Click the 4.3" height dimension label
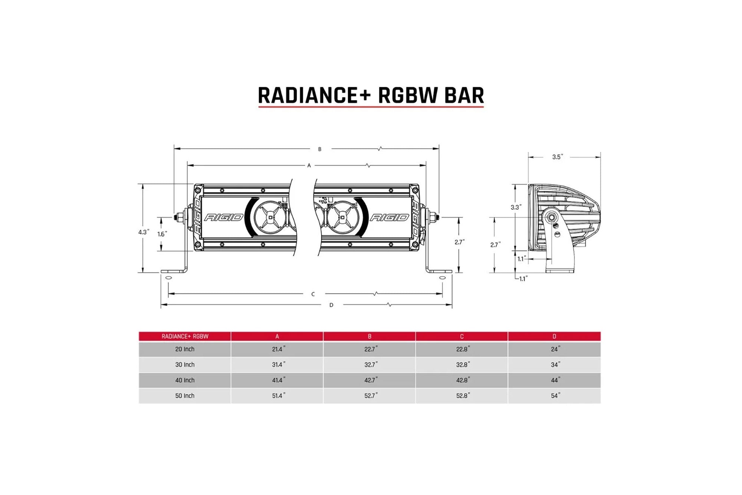[144, 232]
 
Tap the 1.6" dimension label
[162, 234]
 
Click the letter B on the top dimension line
[320, 149]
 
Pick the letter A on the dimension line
[309, 166]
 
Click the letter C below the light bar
[313, 294]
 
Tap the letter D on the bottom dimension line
[331, 305]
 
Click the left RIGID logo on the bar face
[224, 217]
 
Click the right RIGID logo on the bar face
[390, 217]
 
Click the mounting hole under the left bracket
[168, 277]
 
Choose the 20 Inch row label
[185, 349]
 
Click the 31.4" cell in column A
[278, 365]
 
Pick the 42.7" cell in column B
[371, 380]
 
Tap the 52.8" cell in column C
[463, 396]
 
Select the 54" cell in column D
[555, 396]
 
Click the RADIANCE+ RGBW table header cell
[185, 336]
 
